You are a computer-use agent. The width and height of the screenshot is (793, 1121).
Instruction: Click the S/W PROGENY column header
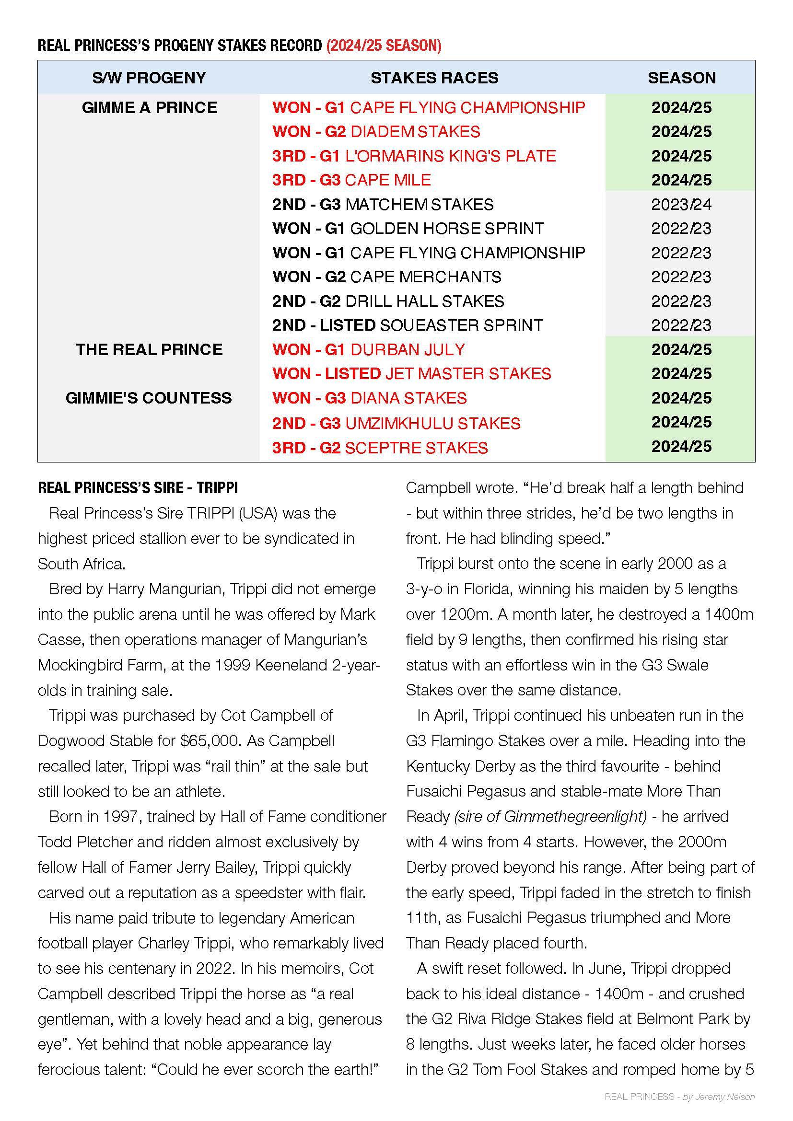tap(149, 78)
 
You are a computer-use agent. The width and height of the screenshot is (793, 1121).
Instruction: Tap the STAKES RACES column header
tap(434, 78)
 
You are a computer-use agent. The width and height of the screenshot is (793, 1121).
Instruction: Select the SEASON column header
tap(681, 78)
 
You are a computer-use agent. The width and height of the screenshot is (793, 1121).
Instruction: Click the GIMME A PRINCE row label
tap(150, 107)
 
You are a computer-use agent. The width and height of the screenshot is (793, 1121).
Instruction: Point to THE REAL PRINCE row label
tap(149, 349)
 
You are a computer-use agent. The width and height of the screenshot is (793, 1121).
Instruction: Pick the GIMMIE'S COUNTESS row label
tap(149, 398)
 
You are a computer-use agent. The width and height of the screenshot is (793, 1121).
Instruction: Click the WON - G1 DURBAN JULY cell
tap(369, 349)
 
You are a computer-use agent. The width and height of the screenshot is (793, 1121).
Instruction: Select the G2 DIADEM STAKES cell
tap(376, 132)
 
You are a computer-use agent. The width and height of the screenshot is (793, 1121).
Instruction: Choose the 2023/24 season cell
tap(681, 204)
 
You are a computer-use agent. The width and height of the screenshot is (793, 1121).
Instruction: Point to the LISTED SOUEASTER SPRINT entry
tap(407, 325)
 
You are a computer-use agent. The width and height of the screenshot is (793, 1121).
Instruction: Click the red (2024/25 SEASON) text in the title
tap(384, 46)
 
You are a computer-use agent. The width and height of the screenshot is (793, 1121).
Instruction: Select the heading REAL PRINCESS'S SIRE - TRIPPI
tap(138, 488)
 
